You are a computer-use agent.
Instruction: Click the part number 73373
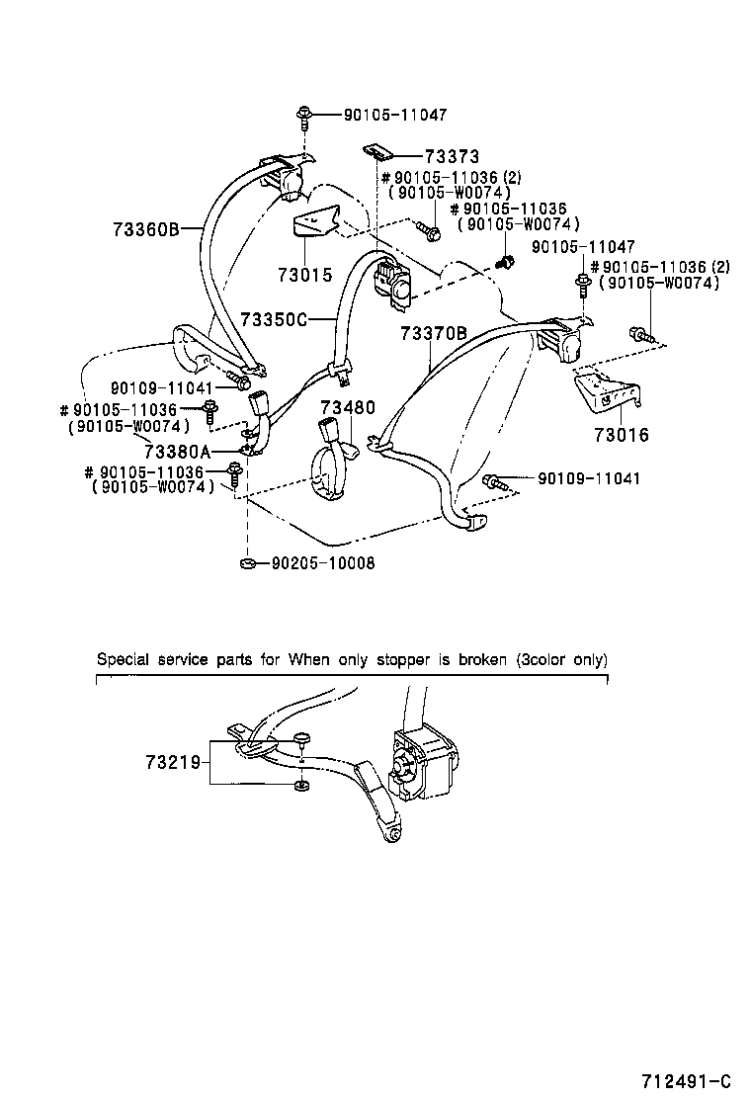452,156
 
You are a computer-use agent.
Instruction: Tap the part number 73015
304,276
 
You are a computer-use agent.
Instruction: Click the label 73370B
433,334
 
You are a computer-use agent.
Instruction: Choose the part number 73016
622,434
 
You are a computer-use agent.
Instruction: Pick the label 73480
347,406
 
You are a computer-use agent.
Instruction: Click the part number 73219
173,762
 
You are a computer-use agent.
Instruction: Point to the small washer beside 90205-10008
247,563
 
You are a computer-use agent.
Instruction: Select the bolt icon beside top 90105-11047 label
303,117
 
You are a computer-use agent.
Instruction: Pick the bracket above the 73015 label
315,222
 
